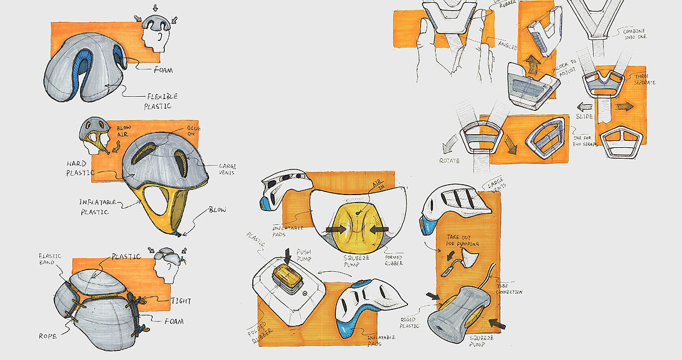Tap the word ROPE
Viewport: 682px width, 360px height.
[x=48, y=336]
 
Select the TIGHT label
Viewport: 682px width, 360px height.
[x=180, y=301]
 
